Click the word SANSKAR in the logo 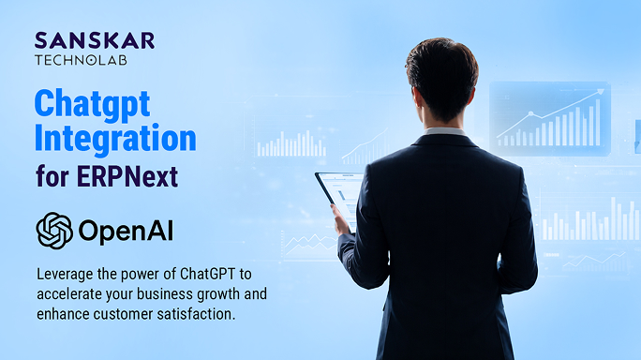pos(94,39)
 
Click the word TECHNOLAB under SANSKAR pos(81,60)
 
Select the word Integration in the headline pos(115,138)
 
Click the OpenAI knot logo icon pos(53,230)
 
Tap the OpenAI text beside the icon pos(127,231)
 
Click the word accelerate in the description pos(71,294)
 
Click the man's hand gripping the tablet pos(341,221)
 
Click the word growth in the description pos(212,294)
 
